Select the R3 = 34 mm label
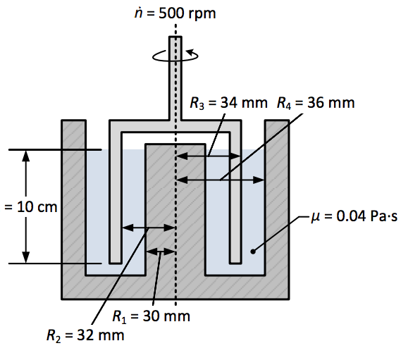[x=229, y=104]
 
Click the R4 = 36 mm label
[x=316, y=104]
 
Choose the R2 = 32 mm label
[x=85, y=335]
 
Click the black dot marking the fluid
[x=253, y=249]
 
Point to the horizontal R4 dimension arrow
[x=220, y=180]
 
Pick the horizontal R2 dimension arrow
[x=148, y=227]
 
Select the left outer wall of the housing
[x=73, y=204]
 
